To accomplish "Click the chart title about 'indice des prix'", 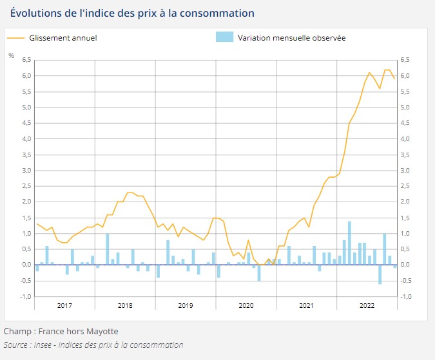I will tap(132, 13).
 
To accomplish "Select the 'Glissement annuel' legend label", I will tap(63, 38).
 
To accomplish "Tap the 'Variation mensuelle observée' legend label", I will tap(291, 38).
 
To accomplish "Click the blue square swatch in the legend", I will tap(224, 37).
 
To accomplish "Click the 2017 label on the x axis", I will tap(65, 305).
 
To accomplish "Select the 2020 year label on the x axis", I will tap(246, 305).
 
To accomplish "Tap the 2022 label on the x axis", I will tap(367, 305).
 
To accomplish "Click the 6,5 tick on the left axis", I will tap(26, 60).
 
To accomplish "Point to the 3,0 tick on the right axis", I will tap(405, 170).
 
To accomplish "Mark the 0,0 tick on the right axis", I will tap(405, 265).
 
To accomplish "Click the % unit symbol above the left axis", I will tap(11, 55).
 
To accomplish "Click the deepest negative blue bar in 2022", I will tap(380, 274).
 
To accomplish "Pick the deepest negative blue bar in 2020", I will tap(259, 272).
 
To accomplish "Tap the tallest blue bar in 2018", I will tap(108, 249).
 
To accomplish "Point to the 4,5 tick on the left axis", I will tap(26, 123).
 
